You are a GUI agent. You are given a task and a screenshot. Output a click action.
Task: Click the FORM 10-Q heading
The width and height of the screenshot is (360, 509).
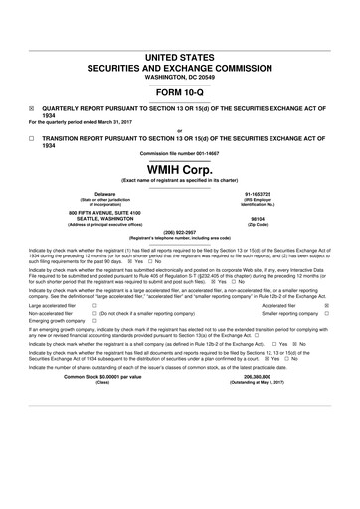179,95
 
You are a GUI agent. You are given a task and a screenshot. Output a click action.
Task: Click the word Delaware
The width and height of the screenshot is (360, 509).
103,193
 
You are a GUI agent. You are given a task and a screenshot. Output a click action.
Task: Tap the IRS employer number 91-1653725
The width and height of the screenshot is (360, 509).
258,193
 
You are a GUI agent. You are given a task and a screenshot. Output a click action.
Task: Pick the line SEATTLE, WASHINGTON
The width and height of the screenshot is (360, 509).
103,218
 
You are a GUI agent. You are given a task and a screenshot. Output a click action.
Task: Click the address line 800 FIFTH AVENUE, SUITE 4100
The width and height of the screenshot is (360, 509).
103,211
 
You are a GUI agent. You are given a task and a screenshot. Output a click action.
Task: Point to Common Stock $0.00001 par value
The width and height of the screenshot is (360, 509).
101,406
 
